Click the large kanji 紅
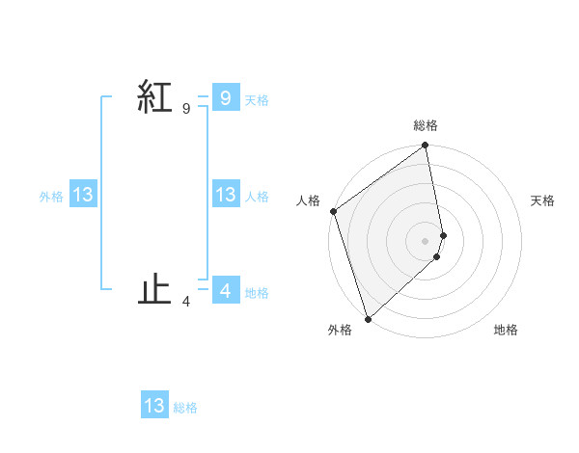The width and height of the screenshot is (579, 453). click(x=155, y=96)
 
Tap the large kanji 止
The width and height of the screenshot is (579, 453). click(x=155, y=288)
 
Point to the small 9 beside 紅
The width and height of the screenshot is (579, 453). click(x=186, y=109)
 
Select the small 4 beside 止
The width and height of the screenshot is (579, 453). click(x=186, y=302)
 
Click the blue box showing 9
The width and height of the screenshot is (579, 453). click(x=225, y=97)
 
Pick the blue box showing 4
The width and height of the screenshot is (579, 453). click(x=225, y=290)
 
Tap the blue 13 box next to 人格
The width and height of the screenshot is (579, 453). click(x=225, y=194)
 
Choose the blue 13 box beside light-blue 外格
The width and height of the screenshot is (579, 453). click(x=82, y=195)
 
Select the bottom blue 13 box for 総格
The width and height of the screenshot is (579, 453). click(x=154, y=406)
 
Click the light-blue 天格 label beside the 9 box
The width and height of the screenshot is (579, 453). click(x=257, y=100)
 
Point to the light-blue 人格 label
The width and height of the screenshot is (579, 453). click(x=257, y=197)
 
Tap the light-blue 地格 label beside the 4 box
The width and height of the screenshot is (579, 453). click(x=257, y=293)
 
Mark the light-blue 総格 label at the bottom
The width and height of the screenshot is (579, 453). click(x=185, y=409)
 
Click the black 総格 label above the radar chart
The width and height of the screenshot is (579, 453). click(x=426, y=125)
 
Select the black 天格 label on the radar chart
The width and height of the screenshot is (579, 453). click(x=543, y=200)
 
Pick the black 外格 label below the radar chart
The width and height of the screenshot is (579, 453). click(x=340, y=330)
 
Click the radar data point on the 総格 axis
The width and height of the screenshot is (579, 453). click(x=426, y=147)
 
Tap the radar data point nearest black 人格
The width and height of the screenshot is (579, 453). click(x=334, y=211)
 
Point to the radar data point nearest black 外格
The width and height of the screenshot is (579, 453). click(x=368, y=317)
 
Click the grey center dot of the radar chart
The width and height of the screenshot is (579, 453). click(x=426, y=241)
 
